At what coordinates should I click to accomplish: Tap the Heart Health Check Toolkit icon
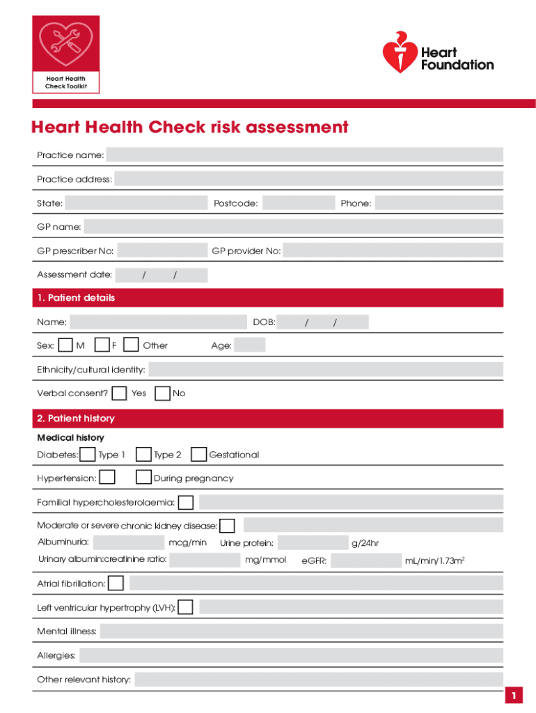pyautogui.click(x=66, y=54)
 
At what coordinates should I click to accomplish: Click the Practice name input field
pyautogui.click(x=304, y=155)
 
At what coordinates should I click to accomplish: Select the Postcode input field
pyautogui.click(x=299, y=203)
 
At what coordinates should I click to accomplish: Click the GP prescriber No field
pyautogui.click(x=162, y=251)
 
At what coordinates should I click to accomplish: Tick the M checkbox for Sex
pyautogui.click(x=65, y=345)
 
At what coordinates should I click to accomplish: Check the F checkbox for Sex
pyautogui.click(x=102, y=345)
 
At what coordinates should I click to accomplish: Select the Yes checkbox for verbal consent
pyautogui.click(x=120, y=393)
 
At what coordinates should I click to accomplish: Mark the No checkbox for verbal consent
pyautogui.click(x=162, y=393)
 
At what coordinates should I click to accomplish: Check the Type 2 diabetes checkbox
pyautogui.click(x=144, y=455)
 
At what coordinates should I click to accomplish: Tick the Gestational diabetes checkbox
pyautogui.click(x=198, y=455)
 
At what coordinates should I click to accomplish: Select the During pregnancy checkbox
pyautogui.click(x=144, y=478)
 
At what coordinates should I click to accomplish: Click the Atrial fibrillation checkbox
pyautogui.click(x=116, y=583)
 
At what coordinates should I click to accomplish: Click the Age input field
pyautogui.click(x=250, y=345)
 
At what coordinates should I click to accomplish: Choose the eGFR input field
pyautogui.click(x=367, y=561)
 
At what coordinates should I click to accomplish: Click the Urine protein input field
pyautogui.click(x=312, y=543)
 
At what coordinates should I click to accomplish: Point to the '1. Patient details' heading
pyautogui.click(x=76, y=298)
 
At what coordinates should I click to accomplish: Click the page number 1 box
pyautogui.click(x=513, y=696)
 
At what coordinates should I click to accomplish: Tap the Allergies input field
pyautogui.click(x=291, y=655)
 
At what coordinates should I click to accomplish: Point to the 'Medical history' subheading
pyautogui.click(x=70, y=438)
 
